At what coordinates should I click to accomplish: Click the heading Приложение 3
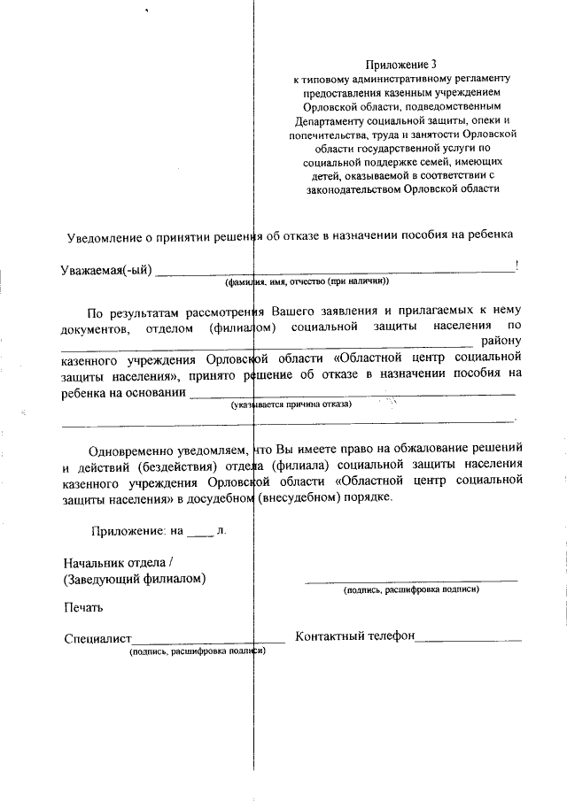[401, 65]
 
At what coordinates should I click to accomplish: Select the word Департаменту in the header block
[329, 119]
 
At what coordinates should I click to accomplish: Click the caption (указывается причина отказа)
[291, 404]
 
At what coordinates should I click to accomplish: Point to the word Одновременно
[131, 449]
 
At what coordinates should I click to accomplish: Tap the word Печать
[83, 607]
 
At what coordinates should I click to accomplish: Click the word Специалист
[97, 638]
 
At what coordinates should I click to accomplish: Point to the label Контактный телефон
[354, 637]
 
